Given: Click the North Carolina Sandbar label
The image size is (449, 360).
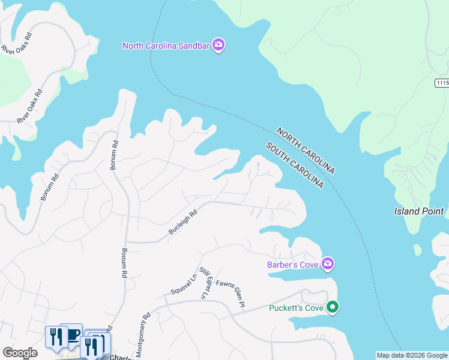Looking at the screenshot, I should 167,46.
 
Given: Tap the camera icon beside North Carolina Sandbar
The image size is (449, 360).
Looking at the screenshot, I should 219,46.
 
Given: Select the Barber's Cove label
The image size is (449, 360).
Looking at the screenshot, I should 294,263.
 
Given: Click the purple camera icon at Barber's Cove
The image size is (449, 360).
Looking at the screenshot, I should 328,263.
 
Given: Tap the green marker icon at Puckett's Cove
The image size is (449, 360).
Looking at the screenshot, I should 333,308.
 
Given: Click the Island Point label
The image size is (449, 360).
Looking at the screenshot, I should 419,211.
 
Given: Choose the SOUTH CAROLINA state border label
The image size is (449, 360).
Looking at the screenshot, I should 295,166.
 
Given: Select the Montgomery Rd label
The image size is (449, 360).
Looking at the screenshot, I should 143,335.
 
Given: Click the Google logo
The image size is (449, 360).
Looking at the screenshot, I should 20,353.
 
